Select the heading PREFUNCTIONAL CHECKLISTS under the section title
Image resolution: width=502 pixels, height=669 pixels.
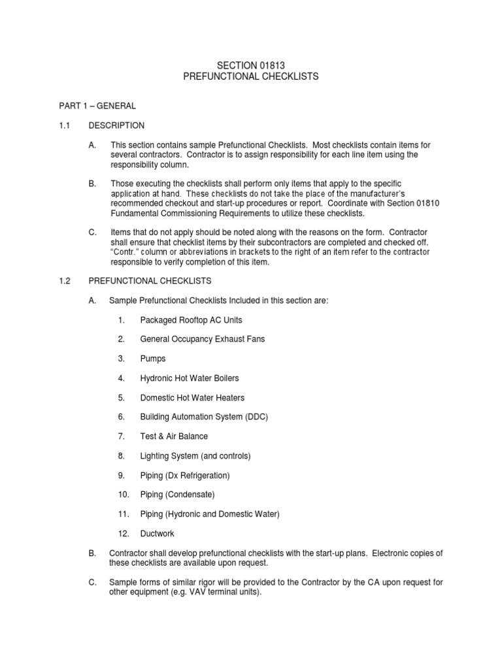click(x=250, y=76)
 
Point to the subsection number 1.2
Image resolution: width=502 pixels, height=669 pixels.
click(x=64, y=281)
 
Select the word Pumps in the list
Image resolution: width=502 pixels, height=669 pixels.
click(x=153, y=359)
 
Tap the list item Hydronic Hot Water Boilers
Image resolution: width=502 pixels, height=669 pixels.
click(x=190, y=378)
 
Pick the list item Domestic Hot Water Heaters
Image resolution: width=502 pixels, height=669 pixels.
click(x=192, y=397)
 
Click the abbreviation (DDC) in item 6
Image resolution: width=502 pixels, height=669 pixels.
click(x=254, y=417)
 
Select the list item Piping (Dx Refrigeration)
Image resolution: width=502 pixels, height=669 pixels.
click(x=185, y=475)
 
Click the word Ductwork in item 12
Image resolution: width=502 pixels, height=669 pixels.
click(x=157, y=534)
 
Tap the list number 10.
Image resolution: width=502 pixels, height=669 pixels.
click(x=124, y=495)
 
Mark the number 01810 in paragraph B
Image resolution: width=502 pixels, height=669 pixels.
click(x=428, y=204)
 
